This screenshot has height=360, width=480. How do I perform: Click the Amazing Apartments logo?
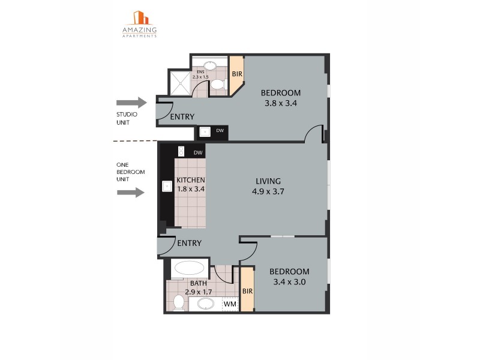pos(139,24)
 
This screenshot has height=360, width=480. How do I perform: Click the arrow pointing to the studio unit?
pos(131,103)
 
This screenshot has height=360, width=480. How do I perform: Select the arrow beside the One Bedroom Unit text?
pos(131,193)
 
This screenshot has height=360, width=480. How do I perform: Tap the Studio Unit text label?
pos(127,118)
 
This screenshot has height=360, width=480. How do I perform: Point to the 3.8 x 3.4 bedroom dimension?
pos(281,103)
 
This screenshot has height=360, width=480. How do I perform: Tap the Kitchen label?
pos(191,180)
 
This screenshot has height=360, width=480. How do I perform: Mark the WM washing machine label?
pos(229,305)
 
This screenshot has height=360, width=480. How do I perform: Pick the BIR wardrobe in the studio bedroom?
pos(236,74)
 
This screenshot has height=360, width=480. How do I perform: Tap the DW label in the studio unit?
pos(220,131)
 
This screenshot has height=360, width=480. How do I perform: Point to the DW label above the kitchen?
pos(198,153)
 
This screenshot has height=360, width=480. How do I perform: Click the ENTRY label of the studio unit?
pos(182,117)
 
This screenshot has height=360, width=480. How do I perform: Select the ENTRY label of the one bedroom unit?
pos(189,243)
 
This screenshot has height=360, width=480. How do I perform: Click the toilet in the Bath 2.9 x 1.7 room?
pos(178,302)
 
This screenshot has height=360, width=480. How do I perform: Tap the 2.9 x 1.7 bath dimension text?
pos(198,292)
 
